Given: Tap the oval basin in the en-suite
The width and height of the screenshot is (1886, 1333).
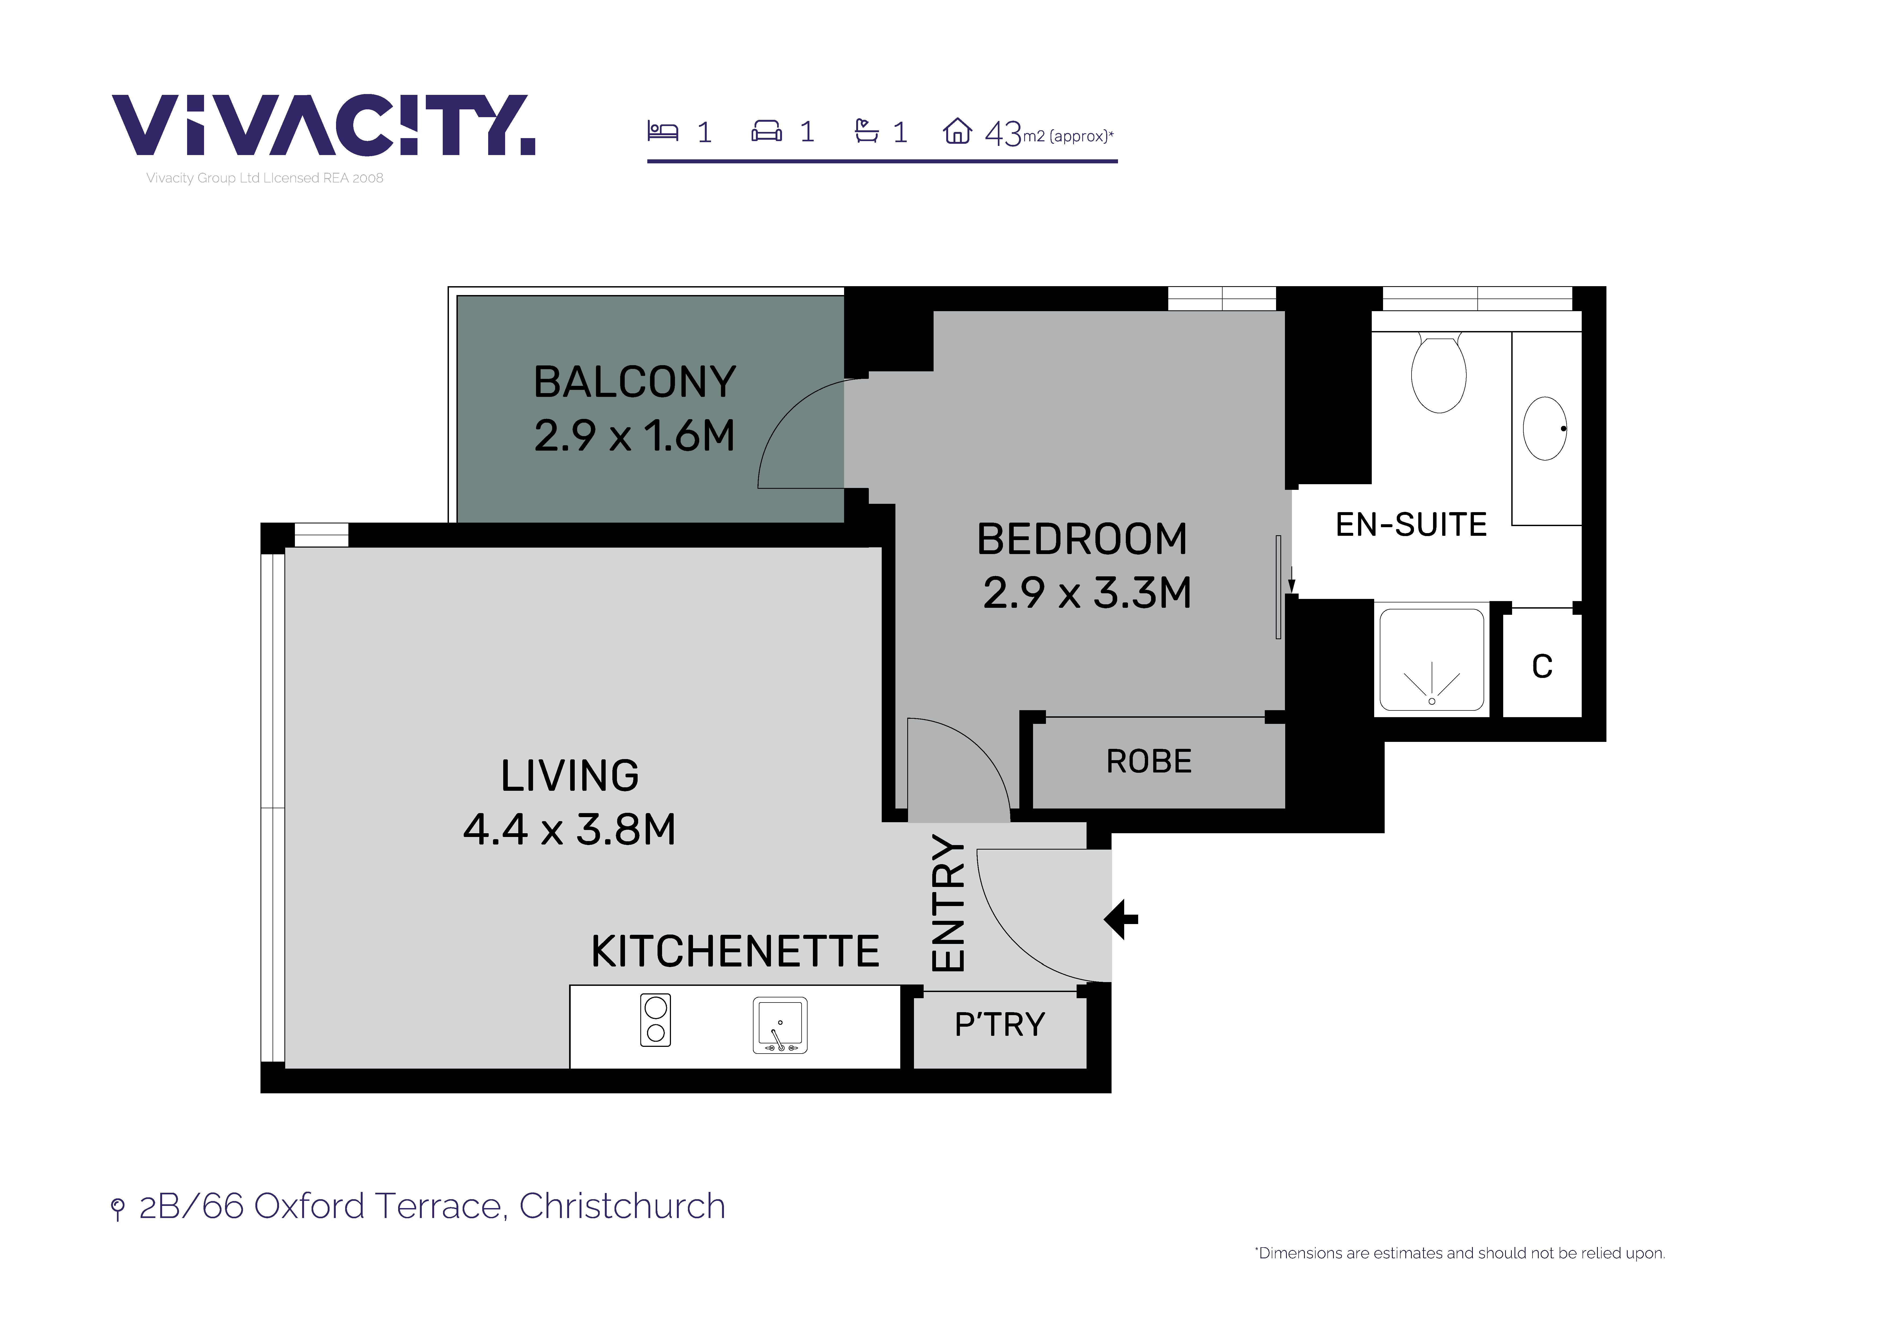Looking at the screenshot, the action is point(1545,428).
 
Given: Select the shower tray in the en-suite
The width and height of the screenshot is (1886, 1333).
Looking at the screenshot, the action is point(1432,659).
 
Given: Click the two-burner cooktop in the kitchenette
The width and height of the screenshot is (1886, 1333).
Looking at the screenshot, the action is point(655,1020).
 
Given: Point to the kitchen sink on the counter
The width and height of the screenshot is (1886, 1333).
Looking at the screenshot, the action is point(780,1025).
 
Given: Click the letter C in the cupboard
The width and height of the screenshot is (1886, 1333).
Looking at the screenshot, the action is point(1542,666).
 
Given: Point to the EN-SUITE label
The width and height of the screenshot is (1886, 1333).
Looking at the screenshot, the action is point(1411,524).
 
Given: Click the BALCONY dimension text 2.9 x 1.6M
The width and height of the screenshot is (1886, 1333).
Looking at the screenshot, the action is point(634,435).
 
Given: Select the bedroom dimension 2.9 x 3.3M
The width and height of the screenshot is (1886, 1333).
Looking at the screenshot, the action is point(1087,593).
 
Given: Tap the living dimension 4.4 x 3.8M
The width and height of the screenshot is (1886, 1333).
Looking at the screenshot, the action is point(569,829).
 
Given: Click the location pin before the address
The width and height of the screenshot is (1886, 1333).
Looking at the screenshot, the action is point(117,1209).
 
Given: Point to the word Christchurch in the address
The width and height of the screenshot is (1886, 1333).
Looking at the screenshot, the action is point(623,1206).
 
